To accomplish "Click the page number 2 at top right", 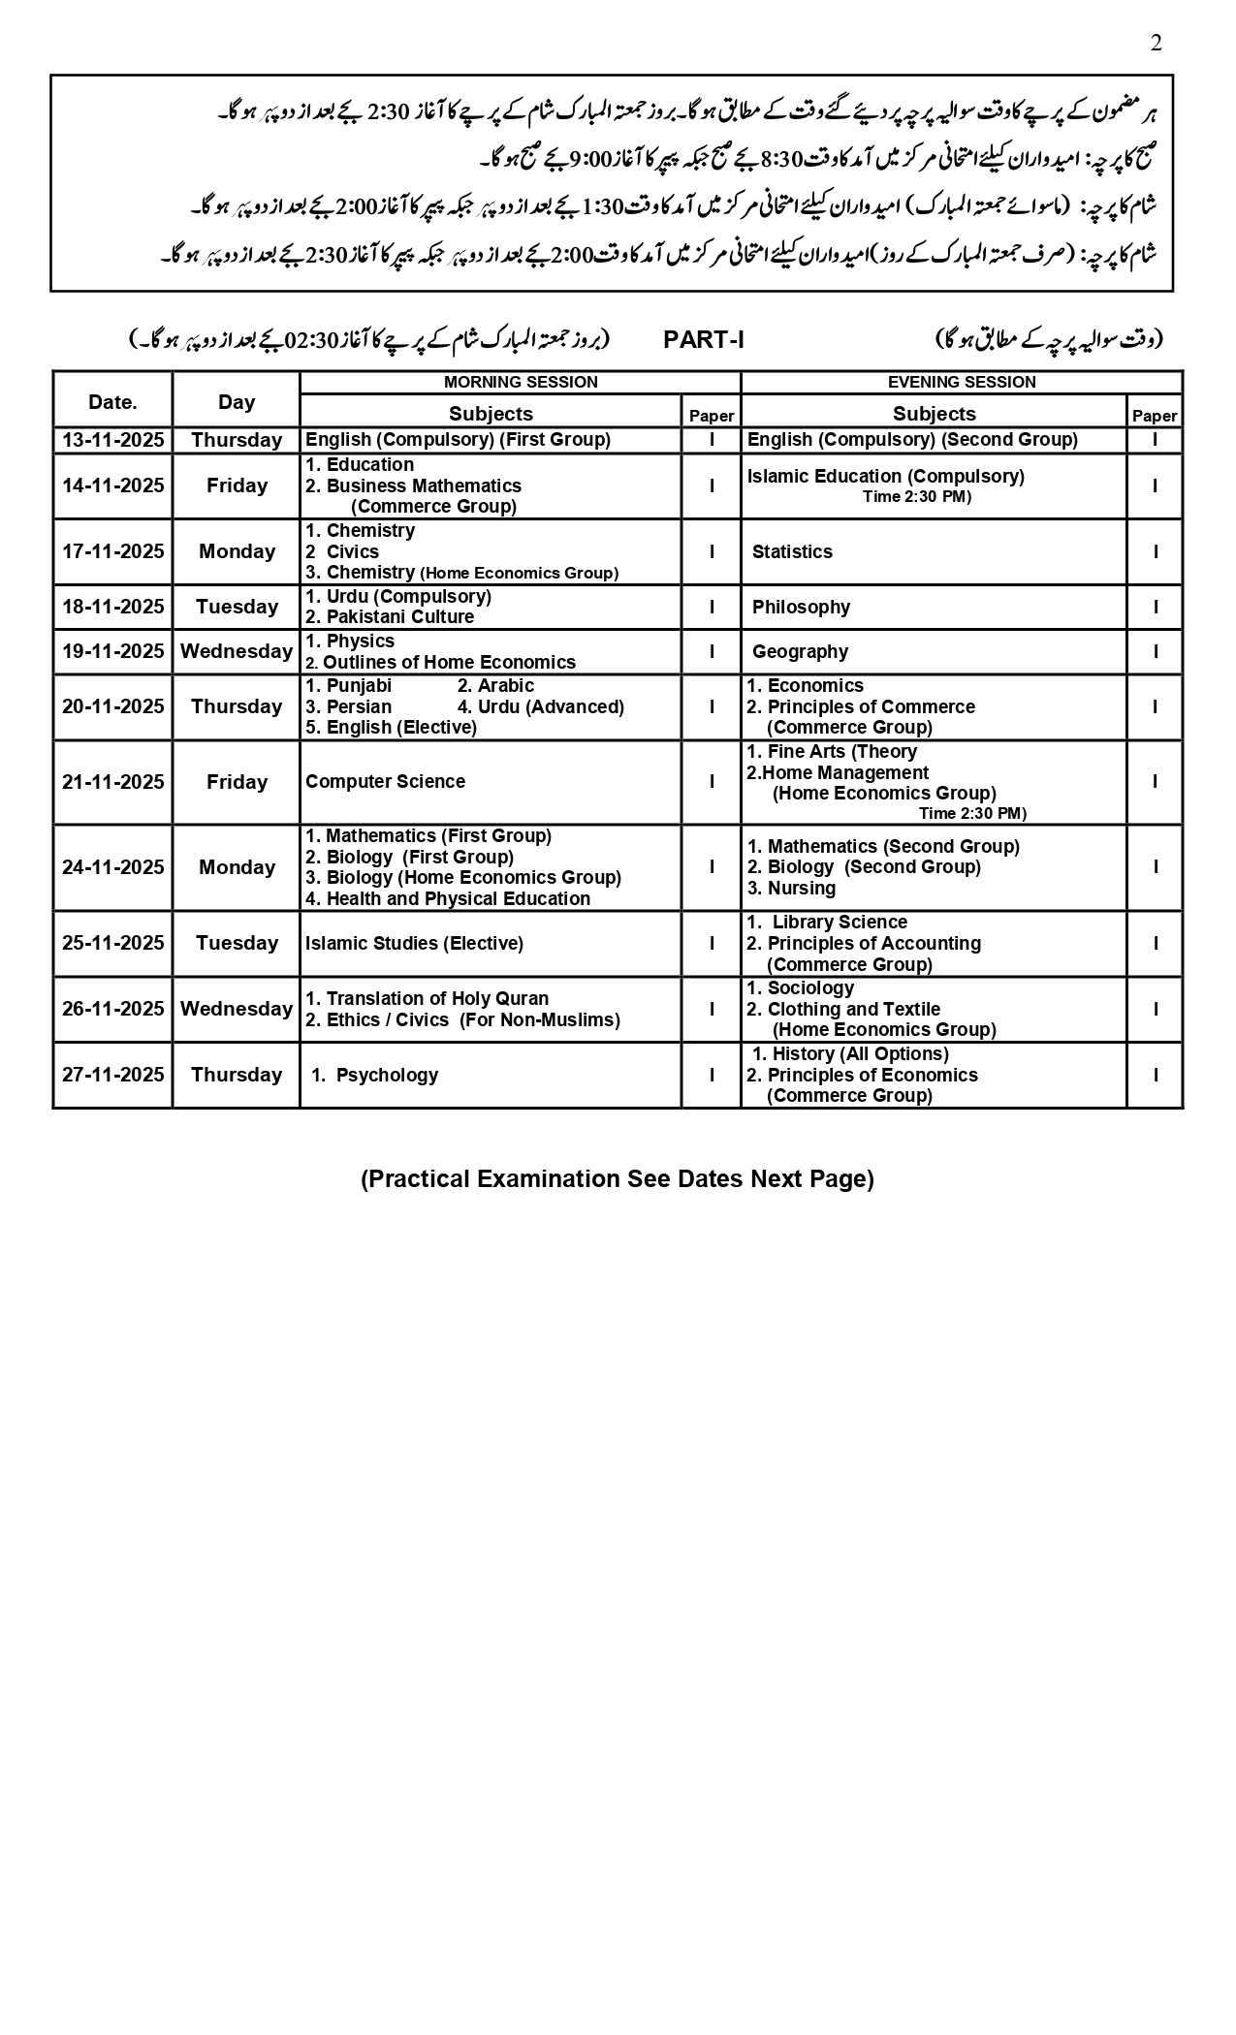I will click(x=1156, y=43).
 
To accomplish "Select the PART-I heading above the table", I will click(x=704, y=339).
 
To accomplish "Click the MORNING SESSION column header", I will click(x=521, y=382).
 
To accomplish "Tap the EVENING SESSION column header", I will click(x=962, y=382).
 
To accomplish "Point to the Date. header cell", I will click(x=112, y=401).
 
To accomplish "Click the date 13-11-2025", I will click(x=113, y=440).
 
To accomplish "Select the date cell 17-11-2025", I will click(x=113, y=551).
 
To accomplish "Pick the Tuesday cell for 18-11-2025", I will click(x=237, y=607).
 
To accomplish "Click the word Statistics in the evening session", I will click(x=792, y=551).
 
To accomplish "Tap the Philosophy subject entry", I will click(x=801, y=607).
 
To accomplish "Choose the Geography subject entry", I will click(x=800, y=651).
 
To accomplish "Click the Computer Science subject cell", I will click(x=385, y=781).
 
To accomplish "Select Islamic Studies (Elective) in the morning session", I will click(x=414, y=943).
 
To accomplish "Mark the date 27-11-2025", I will click(x=113, y=1075).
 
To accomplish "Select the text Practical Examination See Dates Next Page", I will click(x=618, y=1178).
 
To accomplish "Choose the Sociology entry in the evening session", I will click(x=810, y=987).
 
